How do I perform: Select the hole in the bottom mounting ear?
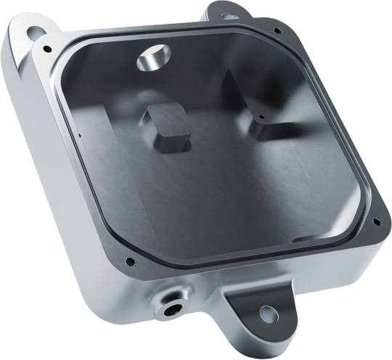[267, 314]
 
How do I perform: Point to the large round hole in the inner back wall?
[154, 58]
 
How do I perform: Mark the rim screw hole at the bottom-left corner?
[129, 261]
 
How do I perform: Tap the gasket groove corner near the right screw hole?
[363, 210]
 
